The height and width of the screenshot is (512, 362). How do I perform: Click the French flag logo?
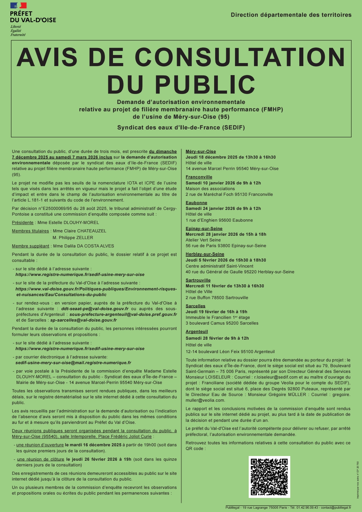(18, 6)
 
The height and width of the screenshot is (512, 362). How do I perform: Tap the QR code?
(269, 476)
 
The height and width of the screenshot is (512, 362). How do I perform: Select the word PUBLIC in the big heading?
(205, 84)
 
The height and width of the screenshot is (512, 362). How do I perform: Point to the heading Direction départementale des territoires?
(291, 15)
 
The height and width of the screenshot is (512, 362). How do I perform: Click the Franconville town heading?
(199, 177)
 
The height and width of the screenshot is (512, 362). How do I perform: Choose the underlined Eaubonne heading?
(196, 203)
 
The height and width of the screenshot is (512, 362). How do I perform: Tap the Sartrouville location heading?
(198, 280)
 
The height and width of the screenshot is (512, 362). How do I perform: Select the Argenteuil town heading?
(197, 332)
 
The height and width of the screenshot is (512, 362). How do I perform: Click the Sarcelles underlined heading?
(195, 306)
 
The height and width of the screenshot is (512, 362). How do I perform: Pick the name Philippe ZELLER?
(73, 238)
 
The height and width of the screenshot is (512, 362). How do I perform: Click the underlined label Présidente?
(23, 223)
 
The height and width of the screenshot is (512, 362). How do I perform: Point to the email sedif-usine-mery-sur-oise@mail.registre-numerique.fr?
(73, 363)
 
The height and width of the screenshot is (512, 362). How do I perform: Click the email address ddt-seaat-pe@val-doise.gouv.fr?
(95, 309)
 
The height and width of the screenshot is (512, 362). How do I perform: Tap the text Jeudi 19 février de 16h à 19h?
(216, 312)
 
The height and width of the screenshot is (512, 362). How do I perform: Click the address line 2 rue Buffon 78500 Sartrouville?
(217, 298)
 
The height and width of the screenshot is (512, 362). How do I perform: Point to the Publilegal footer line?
(288, 508)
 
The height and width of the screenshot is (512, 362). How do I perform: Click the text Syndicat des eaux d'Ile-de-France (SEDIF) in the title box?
(181, 128)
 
